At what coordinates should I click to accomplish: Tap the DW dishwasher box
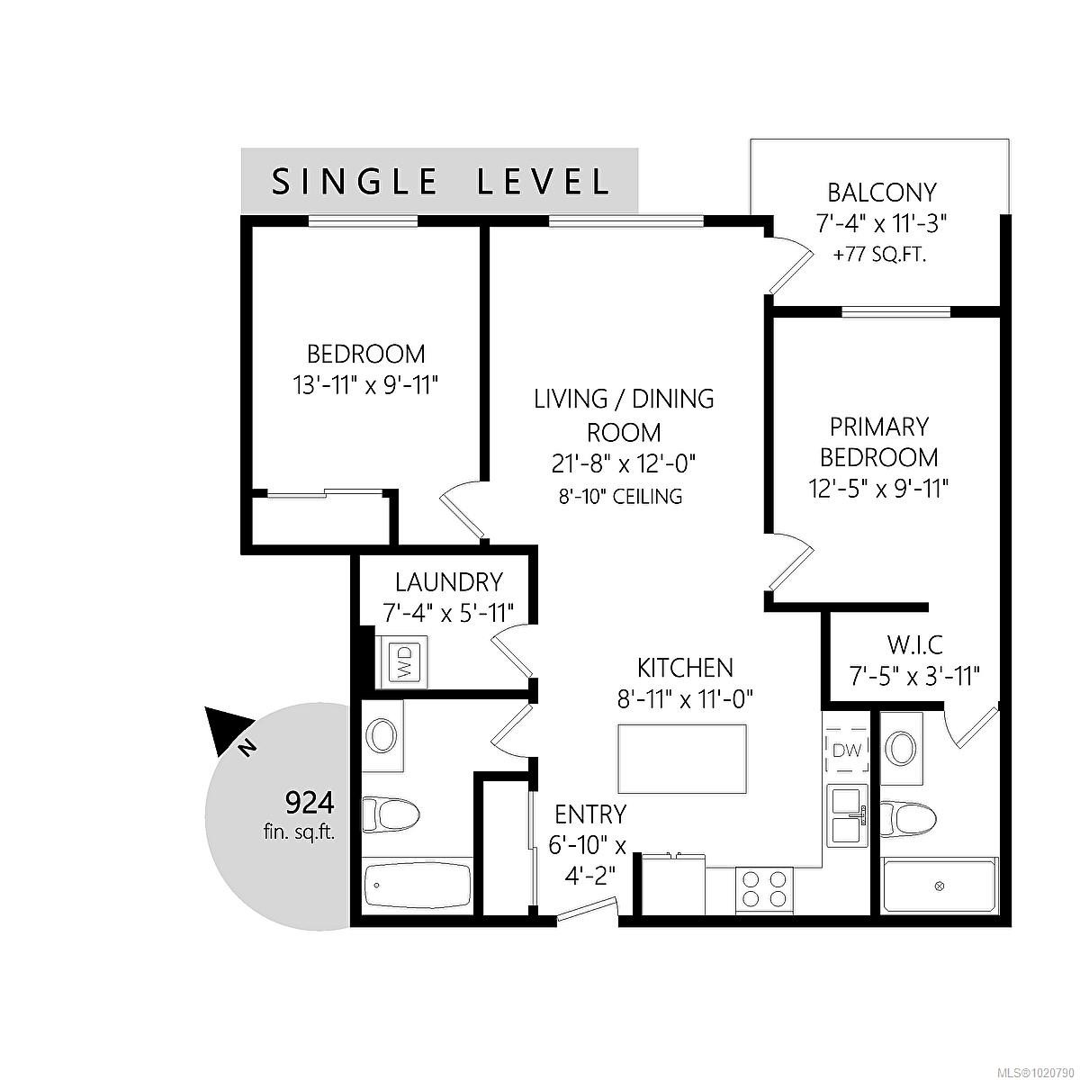coord(847,751)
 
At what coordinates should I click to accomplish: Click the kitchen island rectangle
coord(682,759)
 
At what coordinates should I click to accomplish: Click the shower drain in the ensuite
coord(940,886)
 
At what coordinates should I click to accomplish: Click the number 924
coord(310,804)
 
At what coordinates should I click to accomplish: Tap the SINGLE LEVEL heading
coord(440,181)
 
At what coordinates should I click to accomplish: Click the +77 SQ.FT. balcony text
coord(879,256)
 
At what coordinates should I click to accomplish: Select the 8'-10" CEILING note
coord(620,497)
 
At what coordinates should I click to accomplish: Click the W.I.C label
coord(915,645)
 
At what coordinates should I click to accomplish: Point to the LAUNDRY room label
coord(449,582)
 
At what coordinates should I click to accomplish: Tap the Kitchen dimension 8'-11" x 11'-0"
coord(685,699)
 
